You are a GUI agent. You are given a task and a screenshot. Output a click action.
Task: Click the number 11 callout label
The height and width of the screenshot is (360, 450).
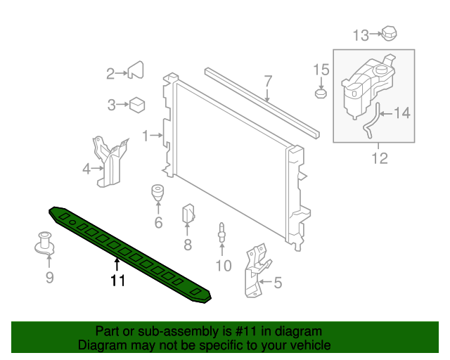click(117, 281)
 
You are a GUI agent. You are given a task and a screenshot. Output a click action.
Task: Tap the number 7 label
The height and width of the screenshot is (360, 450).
click(268, 81)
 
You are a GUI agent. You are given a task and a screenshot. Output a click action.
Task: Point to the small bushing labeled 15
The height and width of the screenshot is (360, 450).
click(321, 93)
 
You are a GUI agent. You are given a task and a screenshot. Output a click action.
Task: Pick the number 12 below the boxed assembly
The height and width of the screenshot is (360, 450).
click(379, 158)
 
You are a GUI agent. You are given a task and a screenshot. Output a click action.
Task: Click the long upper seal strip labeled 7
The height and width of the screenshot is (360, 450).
click(260, 103)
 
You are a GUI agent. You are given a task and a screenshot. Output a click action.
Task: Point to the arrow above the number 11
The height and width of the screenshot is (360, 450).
click(117, 265)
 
